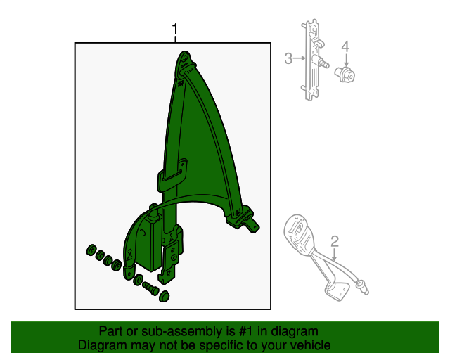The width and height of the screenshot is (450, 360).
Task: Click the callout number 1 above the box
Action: pyautogui.click(x=175, y=30)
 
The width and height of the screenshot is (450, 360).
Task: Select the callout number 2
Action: pyautogui.click(x=335, y=242)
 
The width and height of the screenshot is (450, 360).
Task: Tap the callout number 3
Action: pyautogui.click(x=288, y=58)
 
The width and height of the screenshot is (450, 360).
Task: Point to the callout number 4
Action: pyautogui.click(x=345, y=46)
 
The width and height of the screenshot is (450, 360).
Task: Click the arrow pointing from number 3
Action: pyautogui.click(x=300, y=58)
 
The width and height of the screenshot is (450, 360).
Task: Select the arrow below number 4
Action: pyautogui.click(x=346, y=60)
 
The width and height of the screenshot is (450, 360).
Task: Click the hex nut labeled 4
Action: pyautogui.click(x=345, y=75)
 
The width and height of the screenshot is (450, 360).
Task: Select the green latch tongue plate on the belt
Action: pyautogui.click(x=172, y=175)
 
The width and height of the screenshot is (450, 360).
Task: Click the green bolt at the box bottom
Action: pyautogui.click(x=150, y=288)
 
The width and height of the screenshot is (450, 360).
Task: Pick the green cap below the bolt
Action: pyautogui.click(x=164, y=297)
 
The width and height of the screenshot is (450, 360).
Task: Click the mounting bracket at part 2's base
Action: pyautogui.click(x=337, y=290)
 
